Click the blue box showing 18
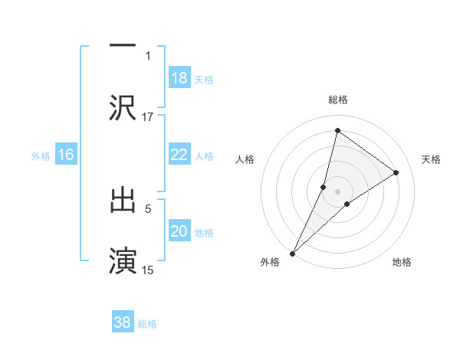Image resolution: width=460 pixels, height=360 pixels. coord(179,77)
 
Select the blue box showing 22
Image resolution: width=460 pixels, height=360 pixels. coord(179,154)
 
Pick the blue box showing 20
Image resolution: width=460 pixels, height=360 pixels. coord(179,231)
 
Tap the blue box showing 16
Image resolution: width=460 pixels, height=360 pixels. coord(66,155)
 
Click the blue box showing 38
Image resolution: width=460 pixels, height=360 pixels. coord(123,322)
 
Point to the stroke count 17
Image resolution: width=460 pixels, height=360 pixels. coord(148,116)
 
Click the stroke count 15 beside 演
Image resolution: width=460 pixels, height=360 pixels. coord(148,270)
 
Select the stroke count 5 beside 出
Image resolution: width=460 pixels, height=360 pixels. coord(148,207)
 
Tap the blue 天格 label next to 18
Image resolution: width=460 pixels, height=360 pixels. coord(204,79)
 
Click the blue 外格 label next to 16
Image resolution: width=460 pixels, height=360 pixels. coord(41,155)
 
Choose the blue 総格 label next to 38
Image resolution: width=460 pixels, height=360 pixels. coord(147,324)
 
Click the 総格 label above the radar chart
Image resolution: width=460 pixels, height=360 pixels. coord(338,100)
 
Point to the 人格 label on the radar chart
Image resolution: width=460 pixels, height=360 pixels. coord(245,159)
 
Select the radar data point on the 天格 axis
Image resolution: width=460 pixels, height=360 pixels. coord(396,173)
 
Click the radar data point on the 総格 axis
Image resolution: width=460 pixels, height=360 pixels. coord(337,130)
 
